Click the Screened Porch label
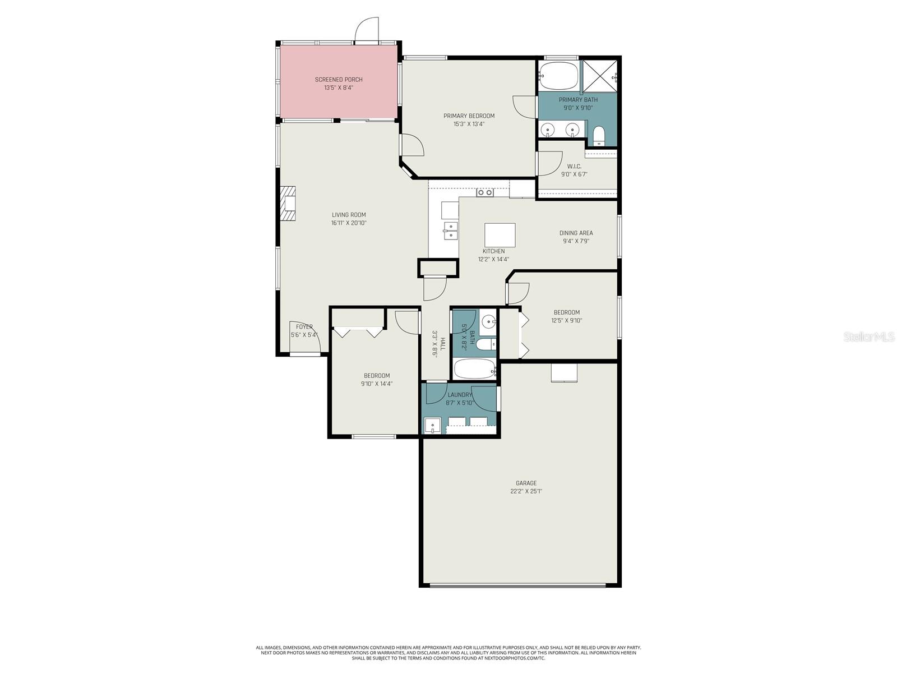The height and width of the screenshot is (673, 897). [x=339, y=80]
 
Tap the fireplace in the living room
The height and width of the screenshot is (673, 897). [x=289, y=205]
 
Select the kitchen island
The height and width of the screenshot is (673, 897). [x=500, y=234]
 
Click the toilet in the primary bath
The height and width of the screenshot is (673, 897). [x=599, y=136]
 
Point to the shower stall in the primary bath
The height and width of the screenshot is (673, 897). [x=599, y=76]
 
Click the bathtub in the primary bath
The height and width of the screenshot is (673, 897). [x=558, y=76]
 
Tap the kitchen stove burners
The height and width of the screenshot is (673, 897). [x=485, y=192]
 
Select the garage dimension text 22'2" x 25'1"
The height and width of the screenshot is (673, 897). [x=526, y=491]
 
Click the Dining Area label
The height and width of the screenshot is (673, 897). [x=576, y=233]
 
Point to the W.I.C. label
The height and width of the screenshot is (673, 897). [x=574, y=167]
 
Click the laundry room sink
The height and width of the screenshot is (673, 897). [x=432, y=426]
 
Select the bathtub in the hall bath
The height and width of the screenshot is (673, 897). [x=474, y=368]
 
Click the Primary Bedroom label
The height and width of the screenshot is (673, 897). [x=469, y=116]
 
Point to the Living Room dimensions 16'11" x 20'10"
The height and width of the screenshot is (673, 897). [x=349, y=223]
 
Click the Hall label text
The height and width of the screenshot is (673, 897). [x=443, y=344]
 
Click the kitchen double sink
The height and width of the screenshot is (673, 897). [x=450, y=230]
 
